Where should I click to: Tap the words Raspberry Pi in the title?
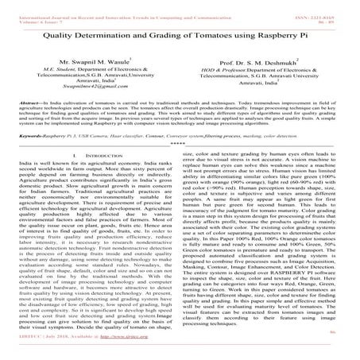285,37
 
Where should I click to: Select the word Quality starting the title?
64,37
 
